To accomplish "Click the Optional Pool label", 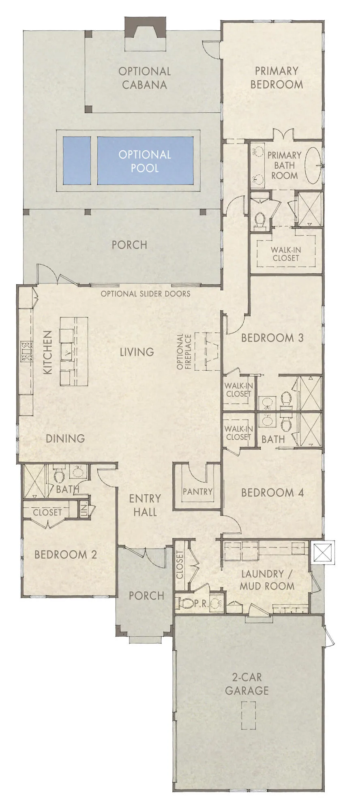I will (x=145, y=161).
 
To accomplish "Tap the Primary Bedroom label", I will (x=276, y=77).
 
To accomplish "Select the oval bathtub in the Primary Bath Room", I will (x=313, y=165).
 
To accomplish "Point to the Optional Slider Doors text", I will (x=145, y=294).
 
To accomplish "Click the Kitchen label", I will (x=48, y=352).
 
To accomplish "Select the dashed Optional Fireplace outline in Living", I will (x=207, y=351).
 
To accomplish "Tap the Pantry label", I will (x=197, y=491).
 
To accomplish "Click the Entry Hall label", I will (x=145, y=505).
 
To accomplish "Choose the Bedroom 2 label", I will (x=66, y=554).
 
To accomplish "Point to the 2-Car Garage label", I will (x=247, y=683).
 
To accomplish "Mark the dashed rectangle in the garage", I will (x=249, y=716).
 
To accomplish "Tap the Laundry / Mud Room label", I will (x=267, y=580).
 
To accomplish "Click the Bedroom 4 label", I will (x=272, y=493).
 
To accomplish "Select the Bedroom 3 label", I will (x=272, y=338).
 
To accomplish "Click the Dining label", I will (x=65, y=438).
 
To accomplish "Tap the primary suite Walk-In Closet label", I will (x=286, y=254).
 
